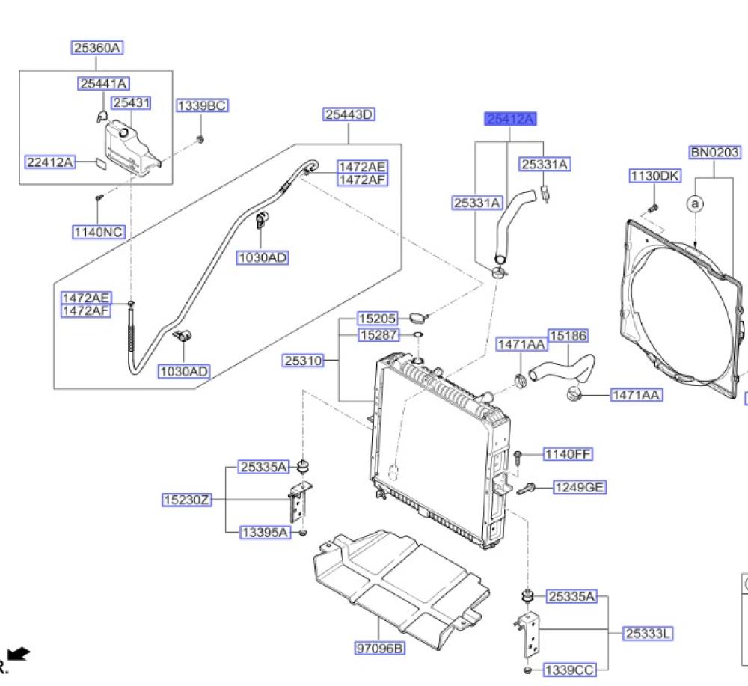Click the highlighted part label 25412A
[x=510, y=119]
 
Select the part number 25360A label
[x=97, y=48]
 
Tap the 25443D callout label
[x=349, y=114]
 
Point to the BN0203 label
[x=715, y=152]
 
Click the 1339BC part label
[x=202, y=105]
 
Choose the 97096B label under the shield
[x=380, y=648]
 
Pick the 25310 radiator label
[x=304, y=360]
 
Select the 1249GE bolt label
[x=580, y=487]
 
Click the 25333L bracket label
[x=649, y=634]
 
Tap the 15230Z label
[x=186, y=500]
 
